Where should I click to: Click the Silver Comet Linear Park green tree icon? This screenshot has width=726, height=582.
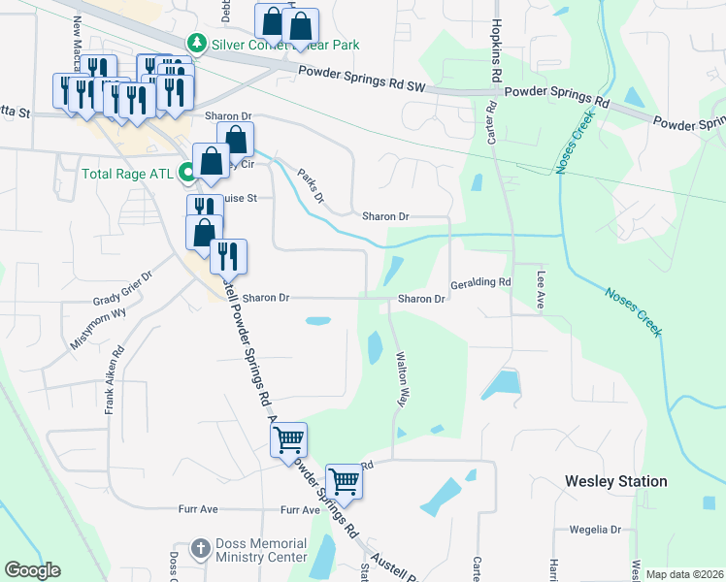pyautogui.click(x=197, y=44)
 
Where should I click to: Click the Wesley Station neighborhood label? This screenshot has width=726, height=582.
pyautogui.click(x=615, y=481)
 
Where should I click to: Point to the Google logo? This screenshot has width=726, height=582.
pyautogui.click(x=32, y=570)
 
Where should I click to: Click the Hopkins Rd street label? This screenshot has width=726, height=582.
pyautogui.click(x=496, y=49)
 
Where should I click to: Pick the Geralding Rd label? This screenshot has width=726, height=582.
pyautogui.click(x=480, y=283)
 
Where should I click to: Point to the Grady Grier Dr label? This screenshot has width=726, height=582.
pyautogui.click(x=123, y=300)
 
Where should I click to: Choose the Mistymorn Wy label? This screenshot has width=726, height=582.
pyautogui.click(x=98, y=329)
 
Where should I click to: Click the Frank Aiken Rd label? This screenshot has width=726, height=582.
pyautogui.click(x=112, y=382)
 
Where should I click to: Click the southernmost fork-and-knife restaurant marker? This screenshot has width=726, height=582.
pyautogui.click(x=228, y=255)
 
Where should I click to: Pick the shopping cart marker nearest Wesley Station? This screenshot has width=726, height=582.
pyautogui.click(x=343, y=480)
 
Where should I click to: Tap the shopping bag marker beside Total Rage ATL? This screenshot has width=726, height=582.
pyautogui.click(x=211, y=161)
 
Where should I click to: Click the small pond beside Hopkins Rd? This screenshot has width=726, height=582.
pyautogui.click(x=476, y=181)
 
